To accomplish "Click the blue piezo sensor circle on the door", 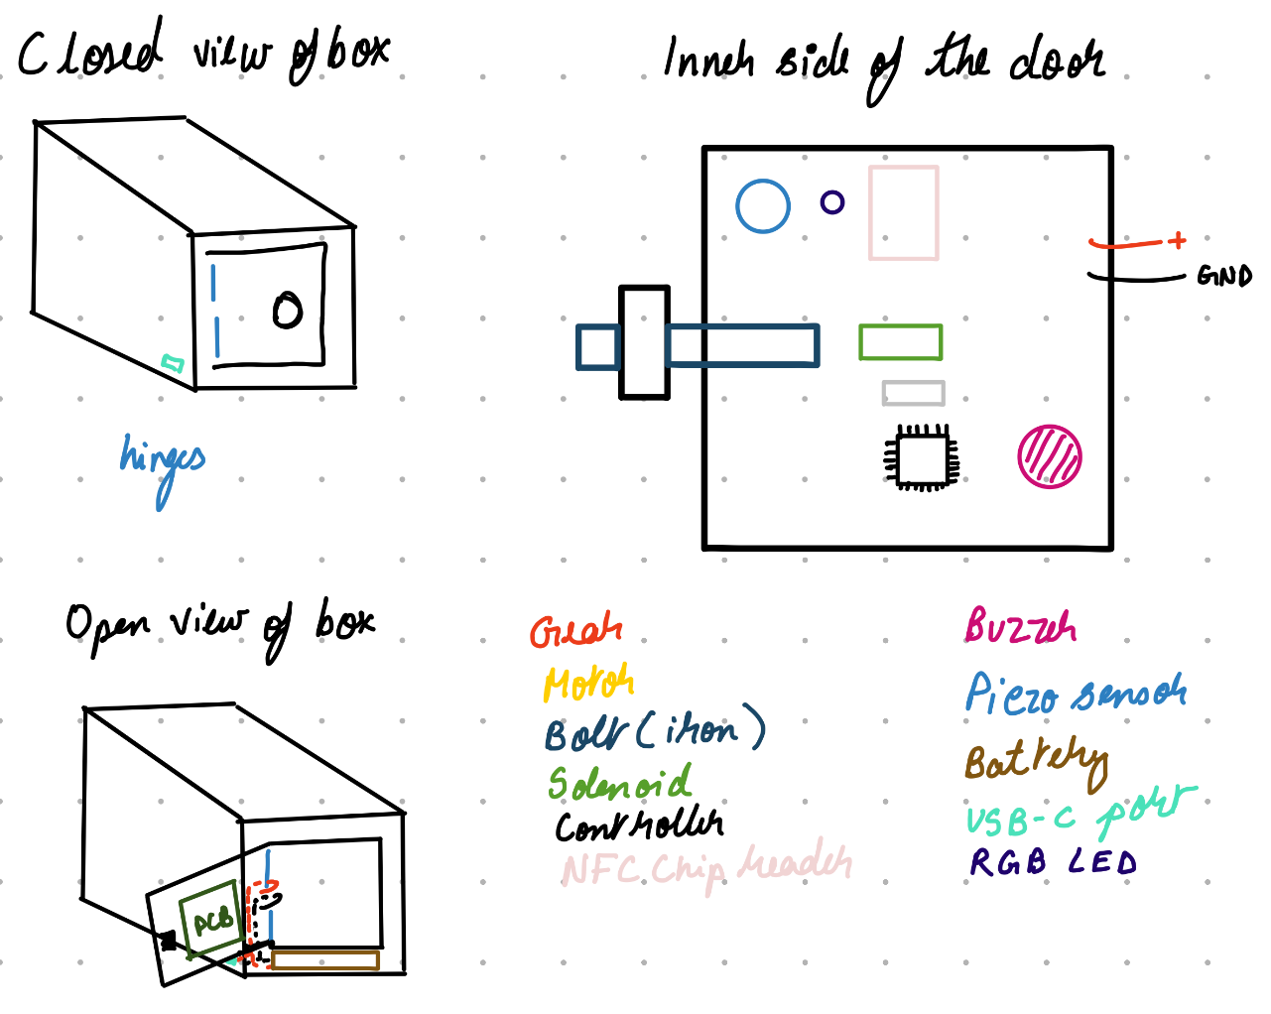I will [763, 205].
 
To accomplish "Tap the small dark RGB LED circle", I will [832, 202].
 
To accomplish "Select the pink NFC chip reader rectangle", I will [904, 212].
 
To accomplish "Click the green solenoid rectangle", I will [900, 342].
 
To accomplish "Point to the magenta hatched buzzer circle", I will [1050, 456].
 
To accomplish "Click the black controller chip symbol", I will [922, 457].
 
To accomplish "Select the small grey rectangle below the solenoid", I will [913, 393].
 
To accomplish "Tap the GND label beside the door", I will [1224, 276].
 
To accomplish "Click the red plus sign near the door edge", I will [1177, 240].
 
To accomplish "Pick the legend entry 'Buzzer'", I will [1020, 627].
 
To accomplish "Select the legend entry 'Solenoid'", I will [620, 784].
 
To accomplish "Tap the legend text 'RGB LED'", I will [1053, 862].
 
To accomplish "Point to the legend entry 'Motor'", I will [588, 683].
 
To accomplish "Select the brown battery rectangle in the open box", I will [325, 960].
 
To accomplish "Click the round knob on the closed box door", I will [288, 311].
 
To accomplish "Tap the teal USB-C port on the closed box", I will [173, 364].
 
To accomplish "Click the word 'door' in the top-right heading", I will [1056, 62].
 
